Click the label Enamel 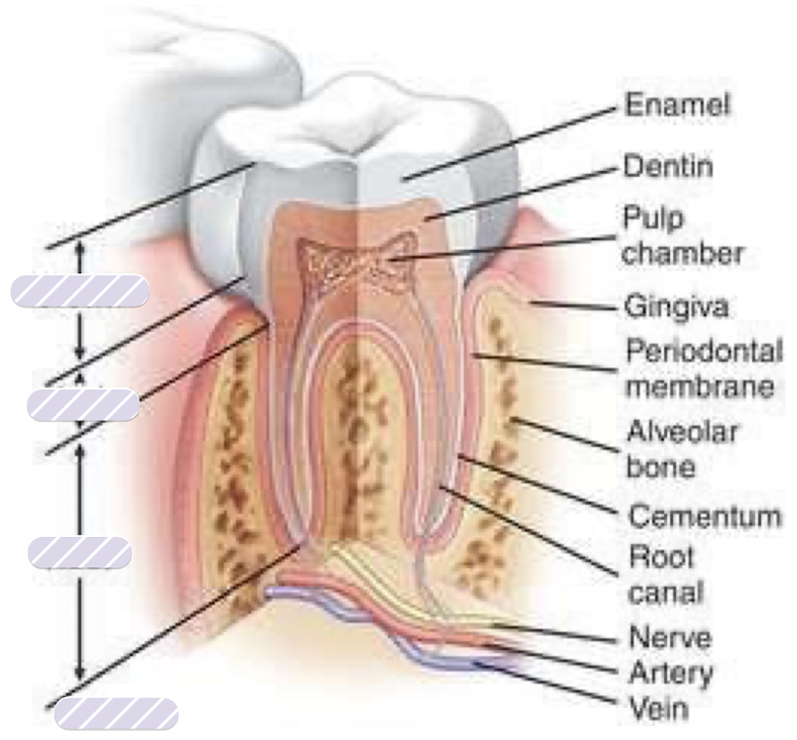coord(677,104)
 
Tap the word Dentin coord(667,166)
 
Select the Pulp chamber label coord(682,236)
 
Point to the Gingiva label coord(676,307)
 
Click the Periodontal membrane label coord(703,369)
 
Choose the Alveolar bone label coord(681,448)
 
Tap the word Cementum coord(704,516)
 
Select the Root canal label coord(665,574)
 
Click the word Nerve coord(669,637)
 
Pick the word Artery coord(670,674)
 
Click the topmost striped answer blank coord(80,291)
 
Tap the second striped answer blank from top coord(83,404)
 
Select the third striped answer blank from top coord(80,553)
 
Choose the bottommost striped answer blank coord(116,714)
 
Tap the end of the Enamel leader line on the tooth coord(404,179)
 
